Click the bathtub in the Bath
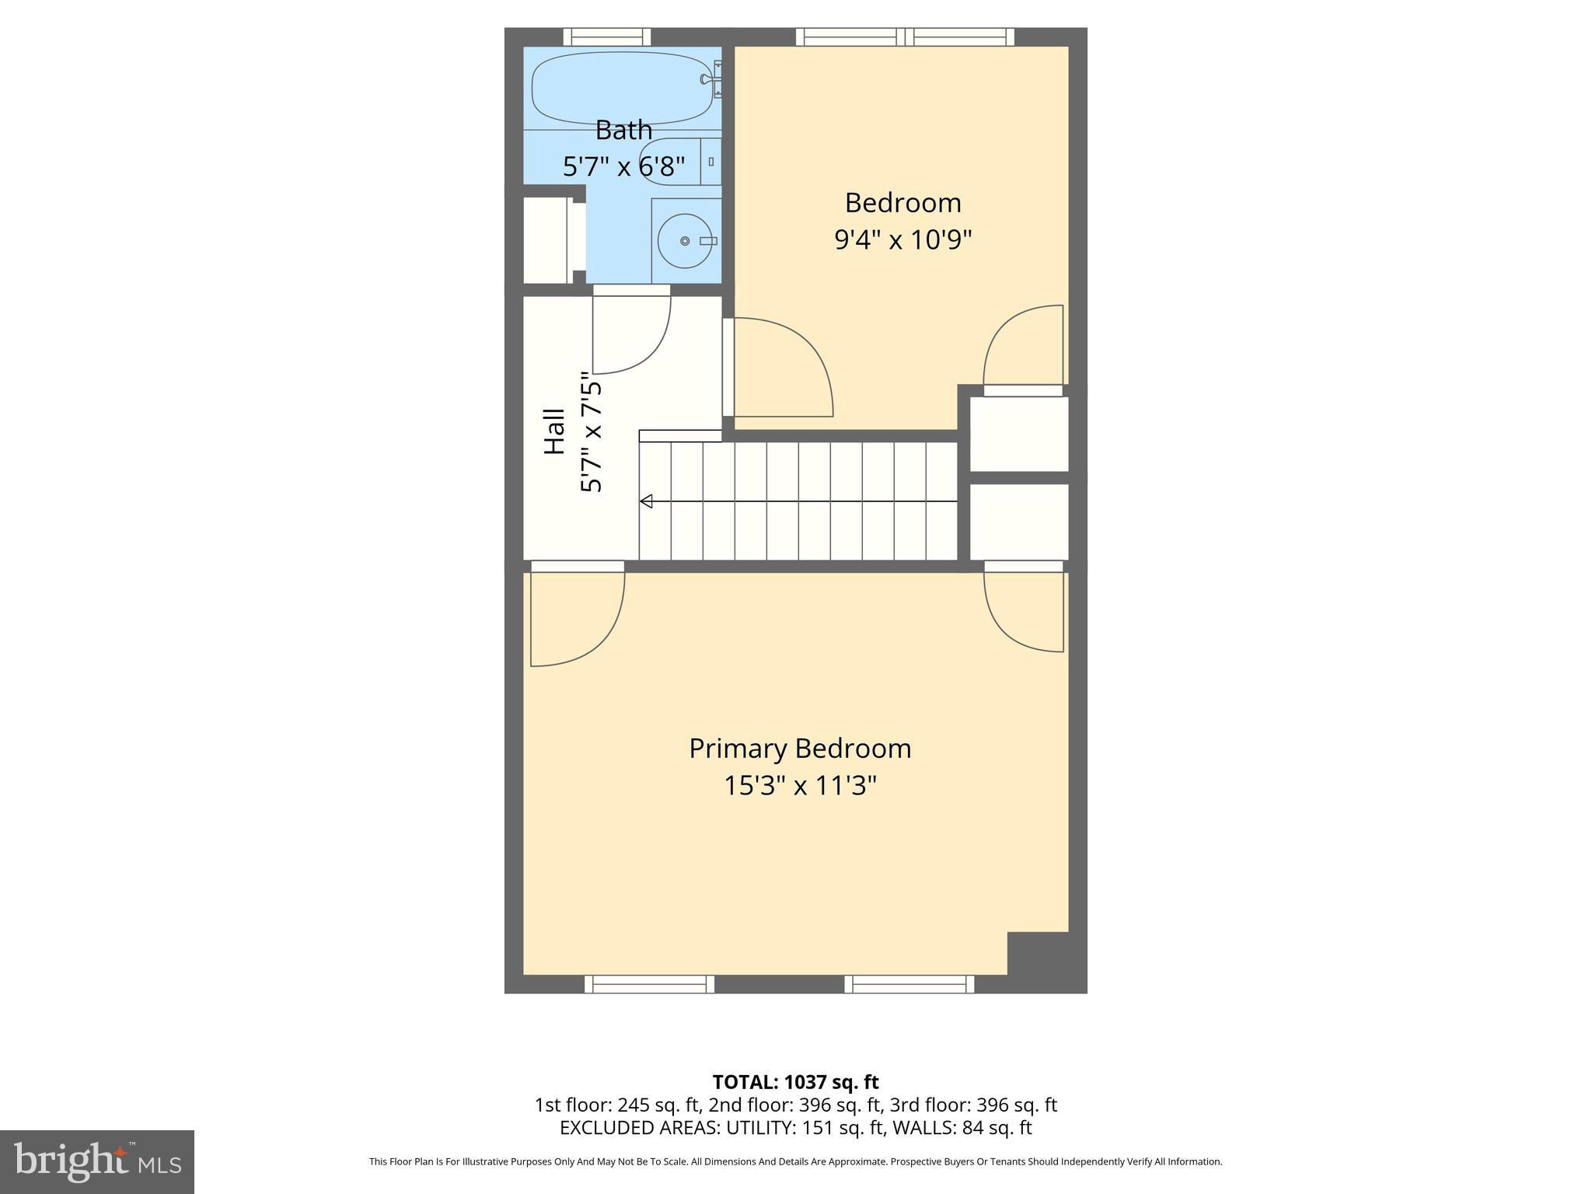click(621, 87)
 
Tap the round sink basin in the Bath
click(685, 241)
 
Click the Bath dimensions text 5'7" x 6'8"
click(623, 166)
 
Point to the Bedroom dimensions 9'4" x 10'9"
click(902, 240)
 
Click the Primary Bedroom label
click(800, 749)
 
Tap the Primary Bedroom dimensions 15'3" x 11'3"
click(800, 786)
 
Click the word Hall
click(553, 431)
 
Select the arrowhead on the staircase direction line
click(646, 501)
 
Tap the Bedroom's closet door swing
click(1023, 346)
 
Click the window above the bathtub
click(606, 37)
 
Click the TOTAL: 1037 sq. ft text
click(795, 1082)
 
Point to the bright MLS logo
click(97, 1161)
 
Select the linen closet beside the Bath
click(546, 240)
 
